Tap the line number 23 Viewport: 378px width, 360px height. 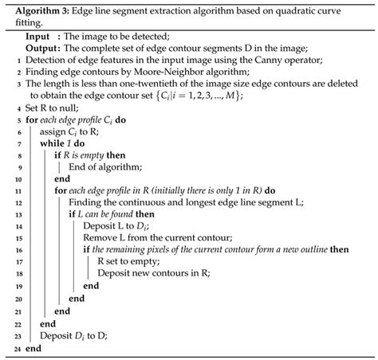click(x=17, y=335)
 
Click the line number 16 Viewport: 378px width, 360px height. click(x=17, y=259)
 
